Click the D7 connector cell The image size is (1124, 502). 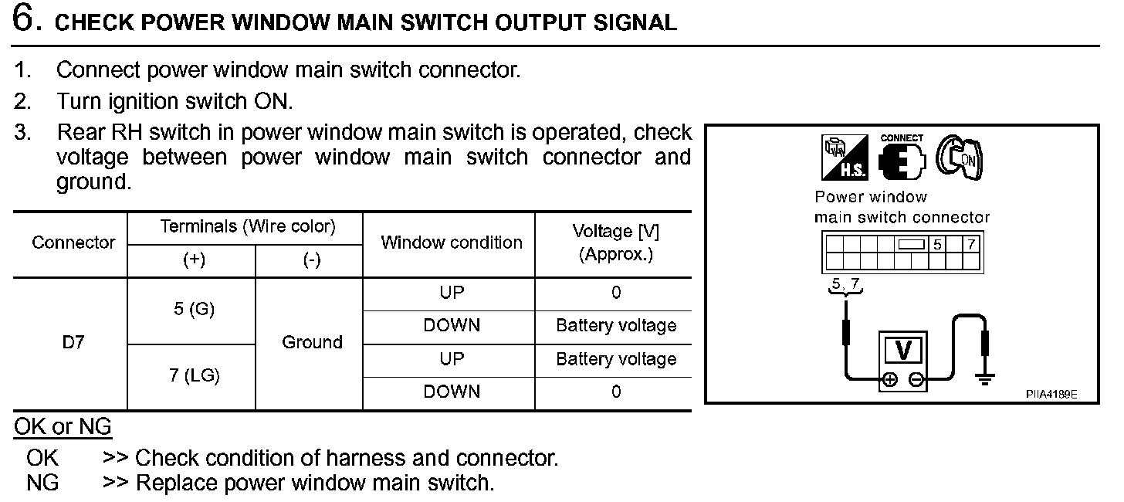(x=73, y=342)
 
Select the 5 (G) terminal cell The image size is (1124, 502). (x=191, y=310)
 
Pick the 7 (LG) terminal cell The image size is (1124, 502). (x=191, y=376)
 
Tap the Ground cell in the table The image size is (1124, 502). (x=312, y=342)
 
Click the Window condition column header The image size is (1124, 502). (x=452, y=243)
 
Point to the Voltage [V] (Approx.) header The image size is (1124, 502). (x=615, y=243)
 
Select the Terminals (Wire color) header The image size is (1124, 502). (x=248, y=227)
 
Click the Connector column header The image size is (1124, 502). (x=73, y=243)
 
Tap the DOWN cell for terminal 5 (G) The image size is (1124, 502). (x=452, y=326)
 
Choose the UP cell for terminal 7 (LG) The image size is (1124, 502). (x=452, y=359)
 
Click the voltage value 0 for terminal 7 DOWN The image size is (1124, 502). (x=615, y=392)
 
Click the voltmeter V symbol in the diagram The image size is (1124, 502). (x=902, y=351)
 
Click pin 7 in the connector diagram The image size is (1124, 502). (x=971, y=245)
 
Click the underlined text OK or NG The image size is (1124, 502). (x=63, y=426)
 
